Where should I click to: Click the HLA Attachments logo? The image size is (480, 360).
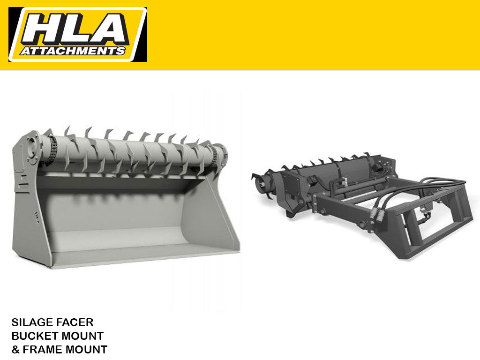click(77, 34)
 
